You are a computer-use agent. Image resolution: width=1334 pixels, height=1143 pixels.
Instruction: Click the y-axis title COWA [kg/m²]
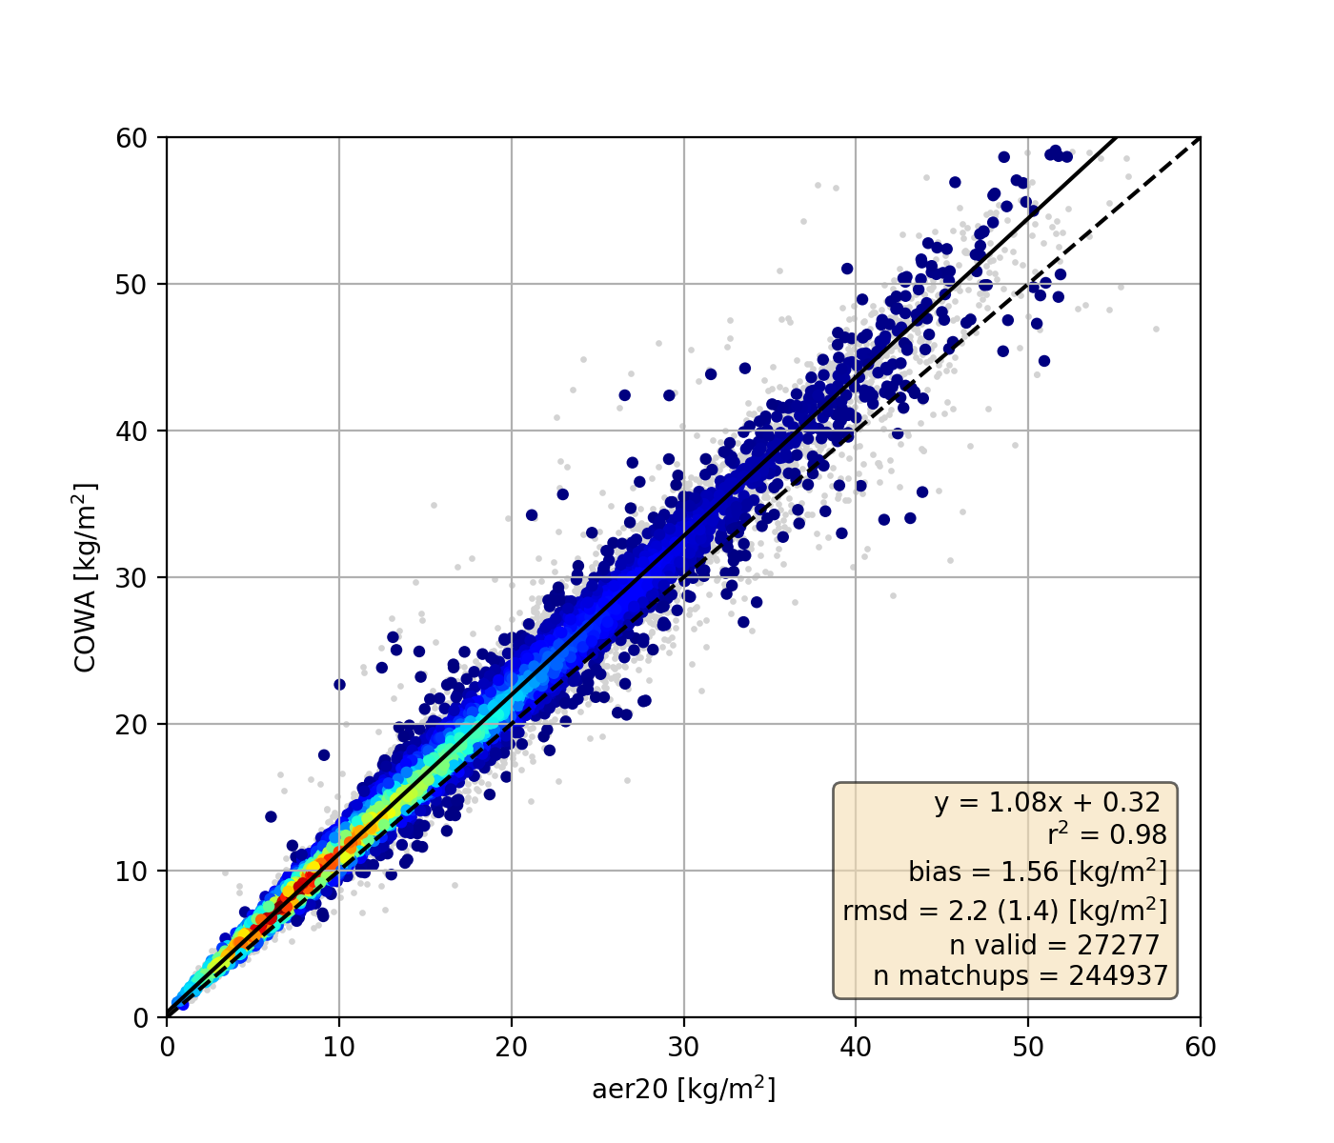(x=86, y=578)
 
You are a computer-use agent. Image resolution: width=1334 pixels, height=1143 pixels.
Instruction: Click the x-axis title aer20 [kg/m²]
(x=683, y=1089)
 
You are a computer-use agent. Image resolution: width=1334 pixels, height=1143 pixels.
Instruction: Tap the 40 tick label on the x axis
(x=856, y=1047)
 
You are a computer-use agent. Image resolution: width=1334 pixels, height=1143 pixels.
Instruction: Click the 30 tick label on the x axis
(x=683, y=1047)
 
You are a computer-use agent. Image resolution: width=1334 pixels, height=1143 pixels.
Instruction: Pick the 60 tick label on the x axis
(x=1200, y=1047)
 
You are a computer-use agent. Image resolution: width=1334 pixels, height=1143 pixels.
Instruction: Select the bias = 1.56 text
(x=1037, y=872)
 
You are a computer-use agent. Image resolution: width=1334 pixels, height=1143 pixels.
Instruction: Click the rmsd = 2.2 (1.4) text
(x=1004, y=911)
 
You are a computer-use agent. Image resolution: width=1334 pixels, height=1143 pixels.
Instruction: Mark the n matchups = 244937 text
(x=1020, y=976)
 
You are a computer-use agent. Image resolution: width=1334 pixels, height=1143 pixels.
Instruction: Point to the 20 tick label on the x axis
(x=512, y=1047)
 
